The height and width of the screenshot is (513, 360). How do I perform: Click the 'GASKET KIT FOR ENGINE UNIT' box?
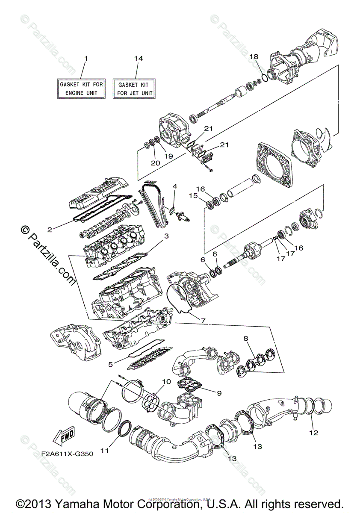(81, 88)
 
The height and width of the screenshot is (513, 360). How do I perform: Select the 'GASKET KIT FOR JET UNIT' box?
(133, 88)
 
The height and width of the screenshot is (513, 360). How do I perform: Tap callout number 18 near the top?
(254, 56)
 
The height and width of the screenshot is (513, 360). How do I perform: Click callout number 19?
(168, 156)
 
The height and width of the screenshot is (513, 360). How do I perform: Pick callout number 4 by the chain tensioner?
(174, 187)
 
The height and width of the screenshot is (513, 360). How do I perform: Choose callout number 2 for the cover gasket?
(50, 229)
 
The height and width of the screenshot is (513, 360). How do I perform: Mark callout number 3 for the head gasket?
(166, 236)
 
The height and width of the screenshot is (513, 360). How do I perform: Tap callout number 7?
(203, 320)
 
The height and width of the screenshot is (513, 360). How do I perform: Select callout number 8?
(246, 338)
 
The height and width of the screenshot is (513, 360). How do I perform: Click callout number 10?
(166, 381)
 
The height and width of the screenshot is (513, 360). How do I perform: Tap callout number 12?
(314, 432)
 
